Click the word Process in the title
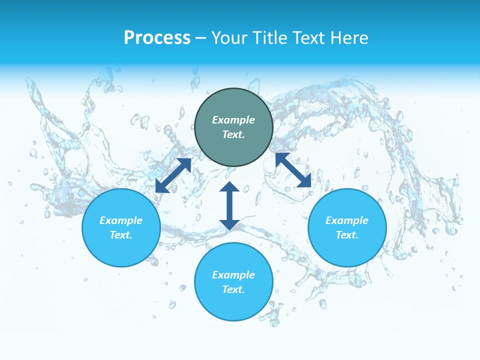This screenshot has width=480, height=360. [157, 38]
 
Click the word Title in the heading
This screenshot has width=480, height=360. [270, 38]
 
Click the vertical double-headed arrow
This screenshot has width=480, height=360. [229, 205]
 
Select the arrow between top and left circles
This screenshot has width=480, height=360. [173, 175]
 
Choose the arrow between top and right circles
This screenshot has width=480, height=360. [293, 170]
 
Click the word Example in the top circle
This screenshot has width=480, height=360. [233, 120]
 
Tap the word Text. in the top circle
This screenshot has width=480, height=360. [233, 134]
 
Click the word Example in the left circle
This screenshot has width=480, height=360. [121, 220]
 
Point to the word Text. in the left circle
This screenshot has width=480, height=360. [121, 235]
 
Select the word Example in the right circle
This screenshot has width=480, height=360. [347, 220]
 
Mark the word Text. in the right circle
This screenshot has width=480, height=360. [347, 235]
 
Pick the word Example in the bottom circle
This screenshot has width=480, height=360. [233, 275]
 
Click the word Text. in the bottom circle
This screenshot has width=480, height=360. [233, 289]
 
